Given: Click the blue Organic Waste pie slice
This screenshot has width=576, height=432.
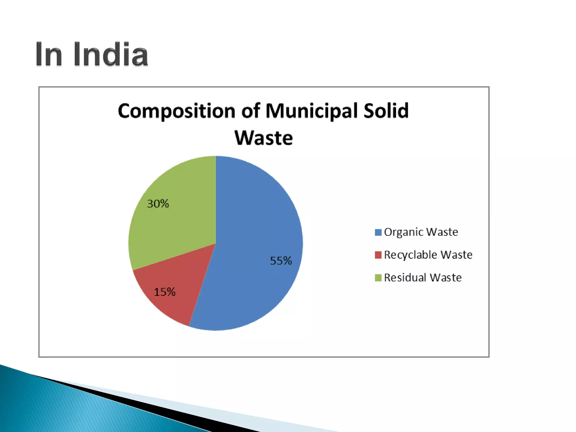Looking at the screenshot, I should coord(253,225).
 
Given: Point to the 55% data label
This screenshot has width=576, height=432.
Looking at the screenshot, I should coord(281,261).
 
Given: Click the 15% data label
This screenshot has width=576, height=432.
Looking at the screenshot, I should coord(165,292).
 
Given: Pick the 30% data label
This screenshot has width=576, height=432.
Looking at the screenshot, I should coord(158,204).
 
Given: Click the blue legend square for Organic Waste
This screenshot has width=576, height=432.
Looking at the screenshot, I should coord(378,232).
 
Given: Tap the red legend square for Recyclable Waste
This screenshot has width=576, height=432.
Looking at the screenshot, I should coord(378,255).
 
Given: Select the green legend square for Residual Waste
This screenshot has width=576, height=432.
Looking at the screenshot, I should coord(378,278).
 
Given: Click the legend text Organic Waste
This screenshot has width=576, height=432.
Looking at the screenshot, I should coord(421,232).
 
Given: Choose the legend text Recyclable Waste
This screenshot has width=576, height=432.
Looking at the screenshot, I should coord(428,255).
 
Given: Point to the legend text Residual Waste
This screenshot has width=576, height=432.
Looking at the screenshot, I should coord(423,278).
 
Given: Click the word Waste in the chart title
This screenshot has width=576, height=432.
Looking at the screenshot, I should coord(264,138).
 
